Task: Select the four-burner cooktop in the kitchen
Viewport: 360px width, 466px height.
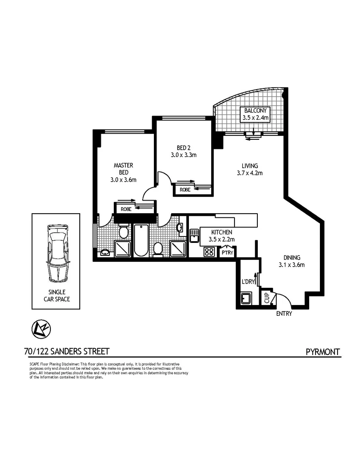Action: click(x=209, y=252)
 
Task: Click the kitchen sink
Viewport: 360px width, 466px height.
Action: click(x=194, y=236)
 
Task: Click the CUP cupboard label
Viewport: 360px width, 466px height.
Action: click(x=266, y=298)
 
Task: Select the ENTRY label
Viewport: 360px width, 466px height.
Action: click(x=284, y=314)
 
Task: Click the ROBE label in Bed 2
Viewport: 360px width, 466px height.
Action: click(x=185, y=189)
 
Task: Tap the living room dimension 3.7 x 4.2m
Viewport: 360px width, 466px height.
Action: click(x=250, y=173)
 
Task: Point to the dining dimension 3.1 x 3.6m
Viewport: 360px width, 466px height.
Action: click(x=291, y=265)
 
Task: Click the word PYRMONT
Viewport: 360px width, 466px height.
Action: click(x=323, y=352)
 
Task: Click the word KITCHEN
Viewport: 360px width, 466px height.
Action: click(x=222, y=232)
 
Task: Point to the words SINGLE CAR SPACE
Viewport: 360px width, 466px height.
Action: click(x=56, y=296)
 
